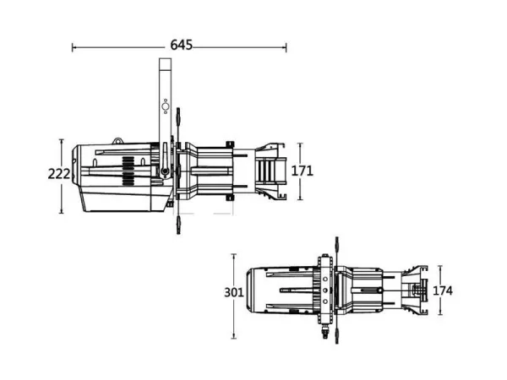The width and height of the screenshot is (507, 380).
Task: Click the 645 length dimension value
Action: coord(180,45)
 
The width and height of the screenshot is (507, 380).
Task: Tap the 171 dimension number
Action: coord(303,171)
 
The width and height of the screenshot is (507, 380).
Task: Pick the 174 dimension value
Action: coord(443,290)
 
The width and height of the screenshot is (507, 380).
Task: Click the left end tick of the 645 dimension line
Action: coord(73,47)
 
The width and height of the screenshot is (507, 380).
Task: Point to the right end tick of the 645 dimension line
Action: coord(287,47)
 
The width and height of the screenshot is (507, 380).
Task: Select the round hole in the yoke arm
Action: coord(166,106)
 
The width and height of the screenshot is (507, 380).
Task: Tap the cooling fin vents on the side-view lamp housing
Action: coord(126,172)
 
